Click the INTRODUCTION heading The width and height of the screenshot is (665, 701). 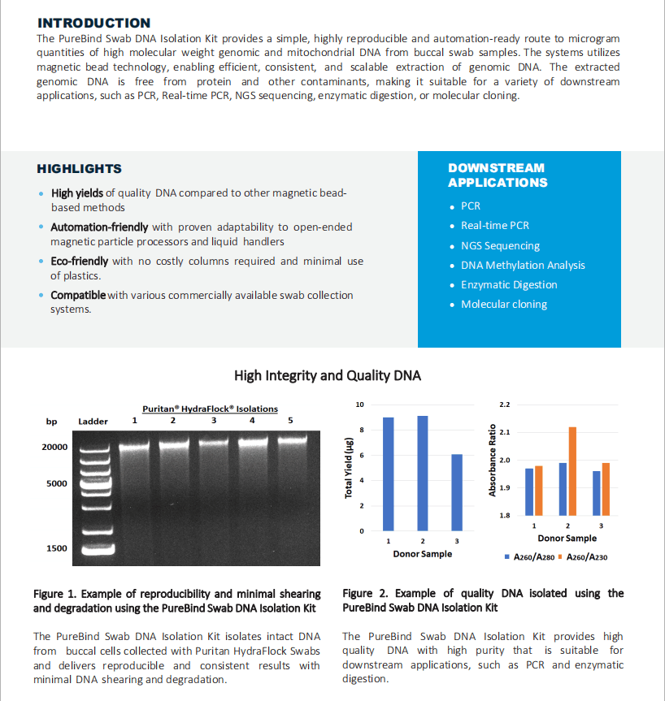pyautogui.click(x=93, y=23)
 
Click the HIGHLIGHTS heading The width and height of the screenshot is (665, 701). pyautogui.click(x=79, y=169)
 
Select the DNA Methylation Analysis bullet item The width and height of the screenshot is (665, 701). pyautogui.click(x=523, y=265)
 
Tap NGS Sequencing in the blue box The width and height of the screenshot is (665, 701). pyautogui.click(x=500, y=245)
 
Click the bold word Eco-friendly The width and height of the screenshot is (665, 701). pyautogui.click(x=80, y=262)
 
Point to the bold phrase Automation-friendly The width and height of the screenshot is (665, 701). pyautogui.click(x=99, y=227)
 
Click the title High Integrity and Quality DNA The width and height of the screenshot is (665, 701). pyautogui.click(x=328, y=375)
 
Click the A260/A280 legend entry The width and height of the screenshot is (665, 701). pyautogui.click(x=532, y=556)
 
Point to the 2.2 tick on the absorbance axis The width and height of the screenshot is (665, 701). pyautogui.click(x=504, y=404)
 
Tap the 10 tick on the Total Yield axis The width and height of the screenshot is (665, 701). pyautogui.click(x=360, y=404)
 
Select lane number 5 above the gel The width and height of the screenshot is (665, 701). pyautogui.click(x=290, y=420)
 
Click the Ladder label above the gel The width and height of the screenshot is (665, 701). pyautogui.click(x=93, y=422)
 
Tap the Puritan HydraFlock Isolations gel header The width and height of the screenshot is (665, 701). pyautogui.click(x=210, y=409)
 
